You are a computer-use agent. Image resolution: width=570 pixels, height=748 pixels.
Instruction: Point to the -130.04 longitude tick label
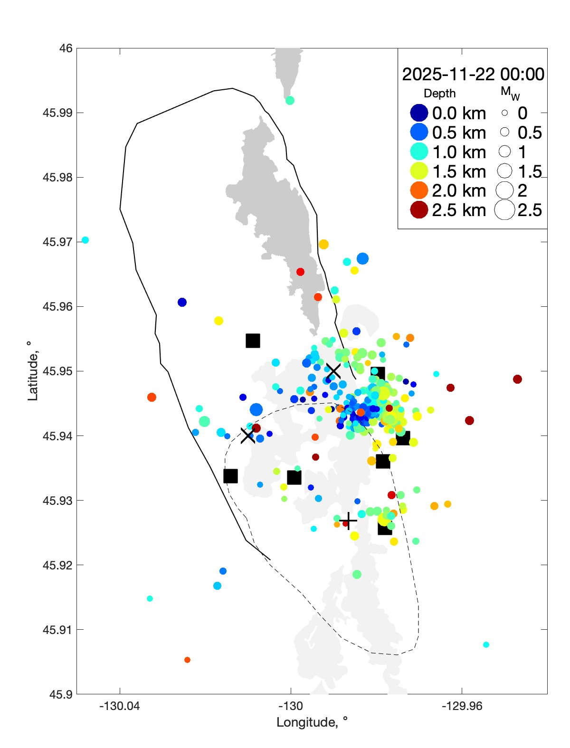(x=119, y=706)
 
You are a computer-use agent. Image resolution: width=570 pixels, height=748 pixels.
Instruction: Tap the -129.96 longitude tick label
(x=462, y=706)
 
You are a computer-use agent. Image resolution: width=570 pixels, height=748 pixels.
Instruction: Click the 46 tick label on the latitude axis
(x=66, y=48)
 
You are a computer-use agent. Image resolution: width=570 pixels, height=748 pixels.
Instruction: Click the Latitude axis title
(x=32, y=371)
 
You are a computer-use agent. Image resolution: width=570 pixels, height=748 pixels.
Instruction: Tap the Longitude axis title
(x=312, y=722)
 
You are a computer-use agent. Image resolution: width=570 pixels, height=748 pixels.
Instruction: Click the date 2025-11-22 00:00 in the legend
(x=473, y=75)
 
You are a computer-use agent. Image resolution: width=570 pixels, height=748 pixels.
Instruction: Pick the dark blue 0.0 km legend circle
(x=419, y=113)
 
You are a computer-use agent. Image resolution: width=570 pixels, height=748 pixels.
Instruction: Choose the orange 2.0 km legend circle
(x=419, y=190)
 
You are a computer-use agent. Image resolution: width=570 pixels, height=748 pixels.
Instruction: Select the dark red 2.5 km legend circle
(x=419, y=210)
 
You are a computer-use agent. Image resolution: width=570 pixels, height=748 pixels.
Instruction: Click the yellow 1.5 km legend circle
(x=419, y=171)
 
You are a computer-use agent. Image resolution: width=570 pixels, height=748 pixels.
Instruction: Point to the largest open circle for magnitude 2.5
(x=504, y=210)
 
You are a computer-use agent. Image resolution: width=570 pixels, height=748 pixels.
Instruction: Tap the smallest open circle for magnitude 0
(x=504, y=113)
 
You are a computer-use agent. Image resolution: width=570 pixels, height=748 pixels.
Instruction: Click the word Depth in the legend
(x=439, y=94)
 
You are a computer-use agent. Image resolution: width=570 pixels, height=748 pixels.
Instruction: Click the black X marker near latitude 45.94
(x=247, y=436)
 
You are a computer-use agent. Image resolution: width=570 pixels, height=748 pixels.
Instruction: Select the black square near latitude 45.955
(x=253, y=341)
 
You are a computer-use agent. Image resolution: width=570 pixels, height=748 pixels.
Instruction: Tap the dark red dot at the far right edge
(x=517, y=379)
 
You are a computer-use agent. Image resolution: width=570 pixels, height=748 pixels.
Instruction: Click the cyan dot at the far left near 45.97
(x=85, y=240)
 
